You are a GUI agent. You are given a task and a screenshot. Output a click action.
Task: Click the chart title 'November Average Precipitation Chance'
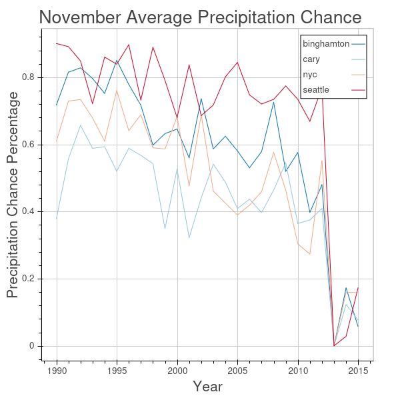coord(200,17)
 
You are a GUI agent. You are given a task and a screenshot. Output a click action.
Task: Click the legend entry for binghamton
coord(326,44)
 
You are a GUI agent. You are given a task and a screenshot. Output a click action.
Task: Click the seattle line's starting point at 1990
coord(57,43)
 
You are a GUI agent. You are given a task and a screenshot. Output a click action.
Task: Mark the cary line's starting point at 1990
coord(57,219)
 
